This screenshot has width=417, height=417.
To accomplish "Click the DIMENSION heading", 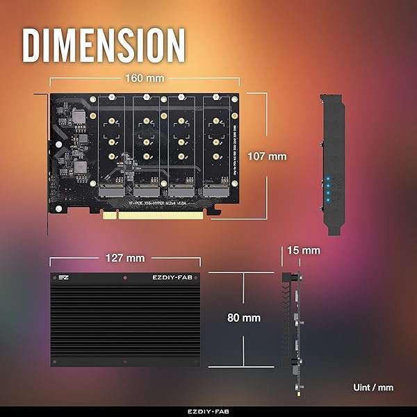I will pos(104,44).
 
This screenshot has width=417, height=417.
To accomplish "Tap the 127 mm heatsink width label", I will pos(126,258).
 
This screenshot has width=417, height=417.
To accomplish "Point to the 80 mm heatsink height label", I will pos(243,318).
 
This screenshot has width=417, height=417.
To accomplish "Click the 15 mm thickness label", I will pos(303,250).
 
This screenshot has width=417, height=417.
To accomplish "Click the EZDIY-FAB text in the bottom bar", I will pos(208,411).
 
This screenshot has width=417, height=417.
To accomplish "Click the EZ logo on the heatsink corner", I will pos(63,278).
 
